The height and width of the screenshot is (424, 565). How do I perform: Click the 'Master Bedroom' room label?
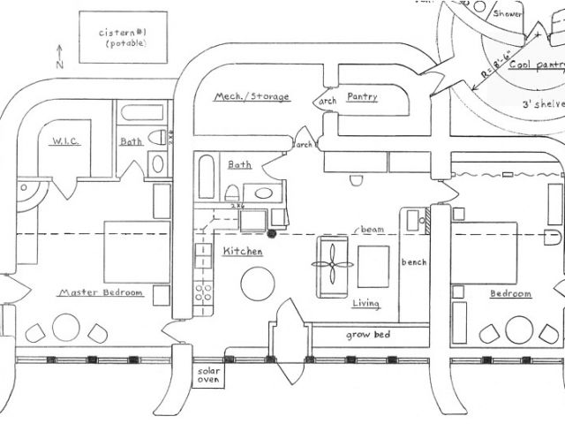click(100, 292)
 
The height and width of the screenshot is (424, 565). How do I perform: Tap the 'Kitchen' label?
click(242, 252)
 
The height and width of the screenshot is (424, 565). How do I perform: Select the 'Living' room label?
click(366, 305)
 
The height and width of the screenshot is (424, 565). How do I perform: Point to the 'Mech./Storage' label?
click(252, 96)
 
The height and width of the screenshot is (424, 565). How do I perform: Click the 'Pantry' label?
click(362, 96)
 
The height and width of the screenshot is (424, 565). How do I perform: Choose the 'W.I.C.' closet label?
click(67, 140)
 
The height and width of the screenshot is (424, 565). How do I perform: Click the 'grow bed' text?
click(369, 336)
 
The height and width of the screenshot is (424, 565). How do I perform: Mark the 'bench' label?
click(414, 263)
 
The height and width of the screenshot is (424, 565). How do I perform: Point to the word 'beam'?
click(371, 229)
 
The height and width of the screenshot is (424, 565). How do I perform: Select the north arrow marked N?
click(59, 56)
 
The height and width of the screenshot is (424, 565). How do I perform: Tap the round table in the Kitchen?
click(258, 283)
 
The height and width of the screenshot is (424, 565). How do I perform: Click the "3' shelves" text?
click(540, 104)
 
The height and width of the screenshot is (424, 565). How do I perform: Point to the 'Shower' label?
click(508, 14)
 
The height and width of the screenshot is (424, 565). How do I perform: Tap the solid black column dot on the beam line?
click(272, 233)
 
